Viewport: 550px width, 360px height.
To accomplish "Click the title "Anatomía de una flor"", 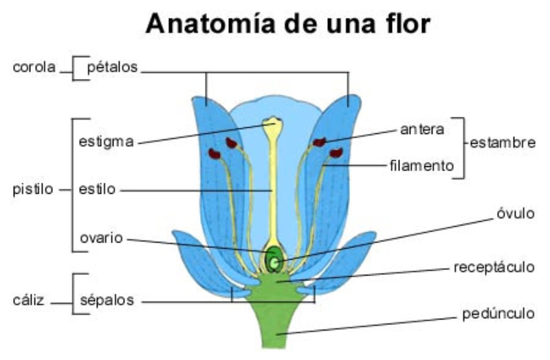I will coord(287,25).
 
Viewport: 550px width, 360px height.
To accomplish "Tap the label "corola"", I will coord(34,68).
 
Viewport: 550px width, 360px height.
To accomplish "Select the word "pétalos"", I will coord(113,67).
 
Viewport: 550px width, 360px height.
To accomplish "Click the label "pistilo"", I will coord(33,189).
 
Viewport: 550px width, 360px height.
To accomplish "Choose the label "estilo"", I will coord(98,189).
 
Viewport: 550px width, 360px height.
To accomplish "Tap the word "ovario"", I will coord(101,238).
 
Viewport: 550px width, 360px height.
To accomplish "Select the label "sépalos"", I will coord(106,300).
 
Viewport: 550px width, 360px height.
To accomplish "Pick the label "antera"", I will coord(422,128).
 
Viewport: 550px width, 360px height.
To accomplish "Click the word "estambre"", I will coord(502,144).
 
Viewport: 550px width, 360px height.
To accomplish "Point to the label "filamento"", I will coord(422,166).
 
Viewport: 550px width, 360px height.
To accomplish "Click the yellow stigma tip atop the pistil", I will coord(273,124).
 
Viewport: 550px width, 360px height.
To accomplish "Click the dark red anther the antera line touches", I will coord(319,143).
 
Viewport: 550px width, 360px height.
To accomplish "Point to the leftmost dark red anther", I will coord(214,154).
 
